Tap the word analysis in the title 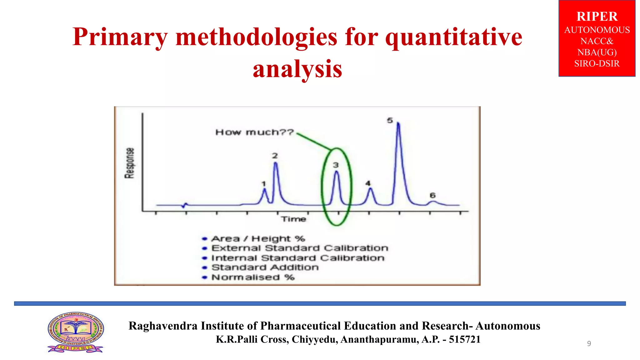[x=297, y=69]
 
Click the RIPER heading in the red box [x=597, y=17]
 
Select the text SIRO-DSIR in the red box [x=597, y=64]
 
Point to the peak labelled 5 [x=398, y=125]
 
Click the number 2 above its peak [x=275, y=156]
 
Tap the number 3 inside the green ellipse [x=336, y=165]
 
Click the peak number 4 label [x=368, y=183]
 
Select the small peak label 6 [x=432, y=195]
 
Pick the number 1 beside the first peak [x=264, y=184]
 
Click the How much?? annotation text [x=255, y=132]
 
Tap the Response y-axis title [x=129, y=163]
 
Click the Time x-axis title [x=293, y=219]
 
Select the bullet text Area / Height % [x=258, y=239]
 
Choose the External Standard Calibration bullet [x=300, y=248]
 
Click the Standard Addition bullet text [x=265, y=267]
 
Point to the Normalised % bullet [x=253, y=277]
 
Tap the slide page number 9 [x=589, y=343]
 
